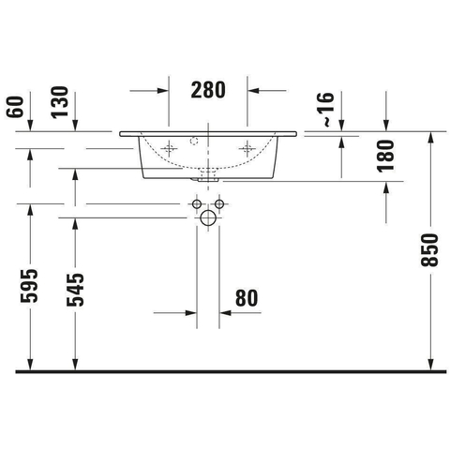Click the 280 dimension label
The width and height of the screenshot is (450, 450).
coord(208,90)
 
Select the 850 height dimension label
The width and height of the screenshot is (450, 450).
coord(429,250)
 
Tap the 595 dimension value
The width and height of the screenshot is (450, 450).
coord(29,286)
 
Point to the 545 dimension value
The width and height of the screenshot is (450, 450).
coord(75,290)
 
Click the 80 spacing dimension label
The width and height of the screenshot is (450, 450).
coord(247,298)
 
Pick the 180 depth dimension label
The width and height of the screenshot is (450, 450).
coord(385,156)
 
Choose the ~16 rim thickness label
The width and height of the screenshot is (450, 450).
coord(325,110)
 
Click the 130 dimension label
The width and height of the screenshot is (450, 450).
coord(59,102)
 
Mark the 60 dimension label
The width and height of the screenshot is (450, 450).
coord(15,107)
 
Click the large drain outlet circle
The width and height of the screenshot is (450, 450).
coord(208,217)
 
